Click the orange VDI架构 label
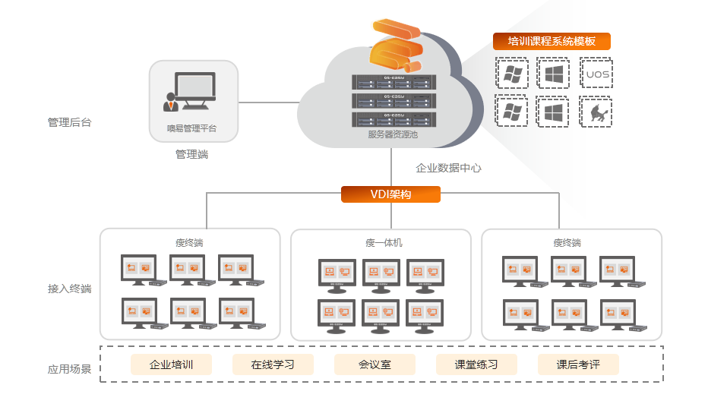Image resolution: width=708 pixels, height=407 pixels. [x=390, y=194]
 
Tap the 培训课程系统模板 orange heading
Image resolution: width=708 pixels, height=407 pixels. [x=552, y=42]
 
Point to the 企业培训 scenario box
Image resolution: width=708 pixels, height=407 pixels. [x=171, y=364]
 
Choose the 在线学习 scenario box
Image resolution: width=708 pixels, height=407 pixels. [x=273, y=364]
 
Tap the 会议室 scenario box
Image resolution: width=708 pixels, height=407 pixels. [x=375, y=364]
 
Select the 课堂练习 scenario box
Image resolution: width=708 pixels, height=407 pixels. [x=476, y=364]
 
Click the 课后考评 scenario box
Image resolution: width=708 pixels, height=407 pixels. [x=578, y=364]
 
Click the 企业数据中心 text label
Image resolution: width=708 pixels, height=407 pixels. [x=448, y=168]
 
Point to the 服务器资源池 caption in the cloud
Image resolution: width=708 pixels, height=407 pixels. [x=393, y=134]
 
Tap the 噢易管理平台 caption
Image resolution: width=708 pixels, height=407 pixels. [x=192, y=128]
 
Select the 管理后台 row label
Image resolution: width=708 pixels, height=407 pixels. [x=69, y=122]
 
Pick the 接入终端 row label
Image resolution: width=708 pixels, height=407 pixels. [x=69, y=289]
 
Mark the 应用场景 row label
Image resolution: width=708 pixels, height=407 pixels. [x=69, y=370]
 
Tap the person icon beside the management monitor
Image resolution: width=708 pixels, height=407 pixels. [x=170, y=101]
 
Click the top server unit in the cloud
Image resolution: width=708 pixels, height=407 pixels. [x=393, y=81]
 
